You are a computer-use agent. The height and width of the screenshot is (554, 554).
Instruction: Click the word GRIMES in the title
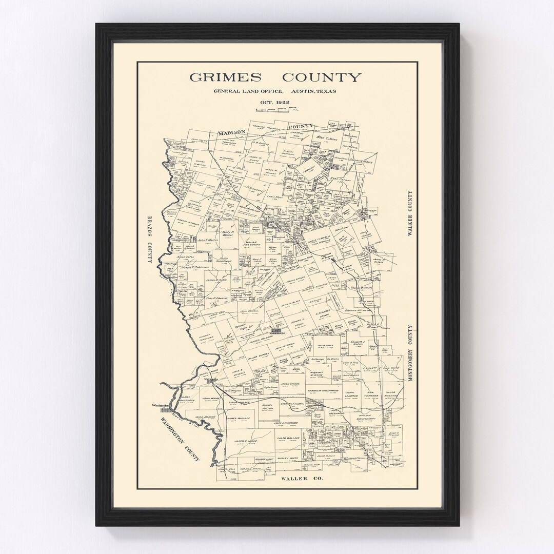[x=225, y=77]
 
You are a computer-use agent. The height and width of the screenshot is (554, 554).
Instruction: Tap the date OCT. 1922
[x=275, y=102]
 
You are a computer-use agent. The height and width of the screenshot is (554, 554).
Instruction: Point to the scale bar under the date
[x=275, y=109]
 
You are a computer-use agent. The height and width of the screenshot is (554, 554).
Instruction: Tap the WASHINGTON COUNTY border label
[x=180, y=439]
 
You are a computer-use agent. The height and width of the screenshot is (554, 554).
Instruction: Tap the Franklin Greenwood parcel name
[x=323, y=391]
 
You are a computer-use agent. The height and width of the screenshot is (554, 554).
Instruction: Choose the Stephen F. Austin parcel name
[x=293, y=404]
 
